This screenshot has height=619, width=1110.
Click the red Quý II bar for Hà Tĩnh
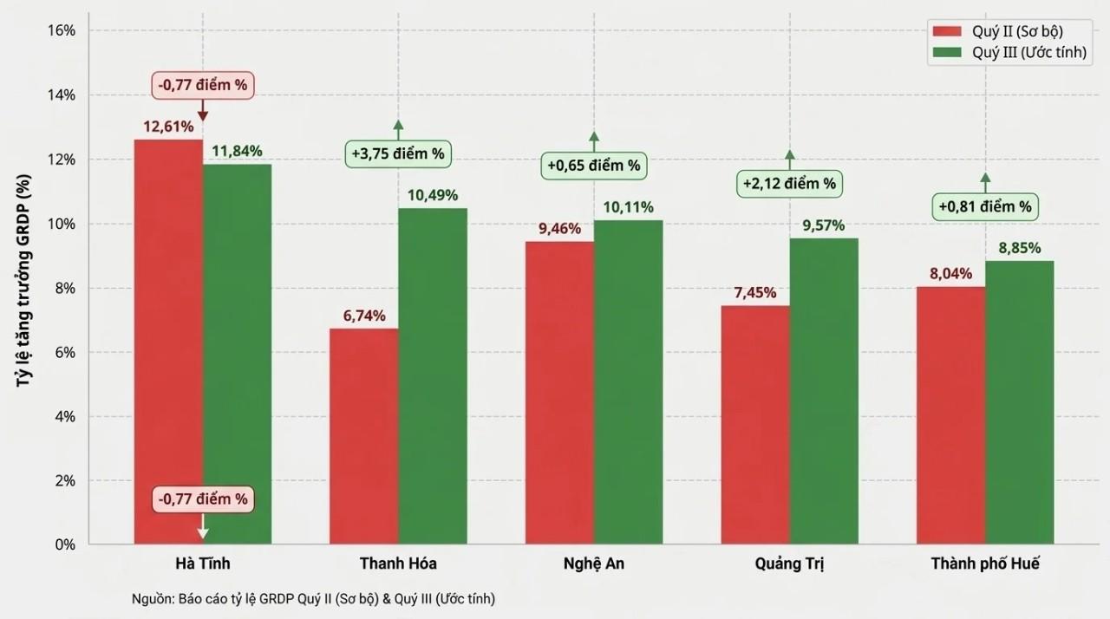168,342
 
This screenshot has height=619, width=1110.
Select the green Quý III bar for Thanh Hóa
433,376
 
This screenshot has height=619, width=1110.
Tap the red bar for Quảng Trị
755,425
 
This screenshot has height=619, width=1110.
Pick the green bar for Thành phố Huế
1019,402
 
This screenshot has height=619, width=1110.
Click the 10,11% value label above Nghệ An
628,207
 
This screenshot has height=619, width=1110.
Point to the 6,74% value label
364,316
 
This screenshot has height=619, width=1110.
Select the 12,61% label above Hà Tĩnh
168,127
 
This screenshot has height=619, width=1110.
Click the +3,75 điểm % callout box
398,154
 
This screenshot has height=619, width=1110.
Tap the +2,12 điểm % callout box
789,184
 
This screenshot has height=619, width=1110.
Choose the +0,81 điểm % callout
985,206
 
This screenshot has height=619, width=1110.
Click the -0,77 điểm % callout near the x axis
203,498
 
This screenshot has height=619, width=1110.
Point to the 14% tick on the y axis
62,95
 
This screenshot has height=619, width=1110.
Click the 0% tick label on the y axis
65,544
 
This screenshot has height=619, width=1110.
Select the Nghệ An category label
594,564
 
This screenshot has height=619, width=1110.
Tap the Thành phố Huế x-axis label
985,564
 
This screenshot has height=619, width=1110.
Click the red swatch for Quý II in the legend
947,31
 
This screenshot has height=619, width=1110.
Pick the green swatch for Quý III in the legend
947,52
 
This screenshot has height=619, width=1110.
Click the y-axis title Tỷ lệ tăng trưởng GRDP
23,280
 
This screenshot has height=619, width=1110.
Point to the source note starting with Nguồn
313,599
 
